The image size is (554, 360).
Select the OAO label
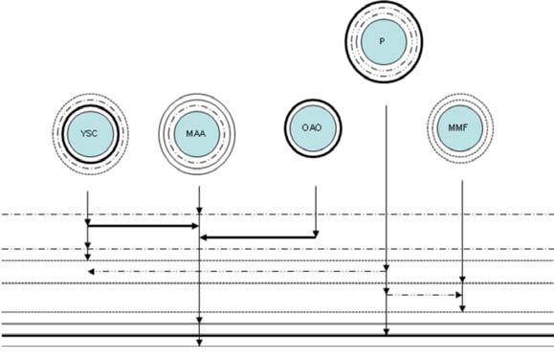pos(313,127)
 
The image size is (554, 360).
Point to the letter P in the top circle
pos(382,42)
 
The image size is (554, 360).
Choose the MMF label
pos(460,127)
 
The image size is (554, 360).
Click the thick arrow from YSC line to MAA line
pos(144,226)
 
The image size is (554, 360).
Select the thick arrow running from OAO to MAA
pos(258,236)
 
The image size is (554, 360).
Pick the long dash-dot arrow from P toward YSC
pos(239,272)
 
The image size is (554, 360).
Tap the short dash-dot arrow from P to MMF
pos(424,295)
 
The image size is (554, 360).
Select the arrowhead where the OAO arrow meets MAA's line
pos(203,236)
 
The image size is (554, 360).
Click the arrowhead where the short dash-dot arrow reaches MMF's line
pos(458,295)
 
